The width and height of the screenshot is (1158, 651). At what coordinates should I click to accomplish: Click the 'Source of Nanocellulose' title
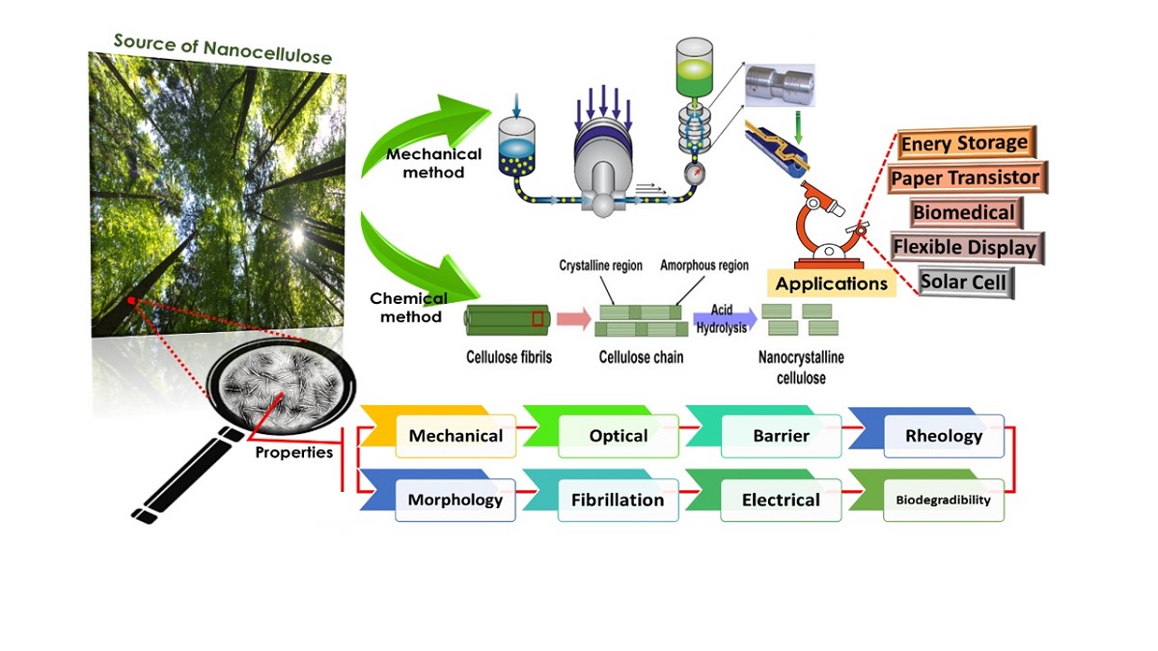click(x=222, y=48)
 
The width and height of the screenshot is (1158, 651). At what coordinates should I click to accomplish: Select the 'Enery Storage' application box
click(x=963, y=144)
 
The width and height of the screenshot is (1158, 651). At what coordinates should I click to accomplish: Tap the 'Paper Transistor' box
click(x=964, y=178)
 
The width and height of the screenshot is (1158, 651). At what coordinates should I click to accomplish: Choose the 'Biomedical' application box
click(x=963, y=212)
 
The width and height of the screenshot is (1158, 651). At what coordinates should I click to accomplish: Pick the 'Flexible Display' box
click(x=964, y=248)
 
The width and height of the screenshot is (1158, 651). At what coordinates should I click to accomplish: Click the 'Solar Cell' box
click(x=964, y=283)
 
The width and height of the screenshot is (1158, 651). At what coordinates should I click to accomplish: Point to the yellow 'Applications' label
click(x=831, y=284)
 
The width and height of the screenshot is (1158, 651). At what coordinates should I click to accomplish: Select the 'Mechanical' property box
click(x=455, y=436)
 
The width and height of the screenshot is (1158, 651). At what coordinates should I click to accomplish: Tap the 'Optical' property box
click(x=618, y=436)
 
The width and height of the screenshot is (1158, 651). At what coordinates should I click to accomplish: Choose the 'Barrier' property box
click(x=781, y=436)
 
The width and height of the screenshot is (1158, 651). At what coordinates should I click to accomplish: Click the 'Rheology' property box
click(x=943, y=436)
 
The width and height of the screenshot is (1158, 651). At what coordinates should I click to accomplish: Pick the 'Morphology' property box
click(x=455, y=500)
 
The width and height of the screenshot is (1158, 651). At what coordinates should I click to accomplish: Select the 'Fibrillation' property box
click(x=618, y=500)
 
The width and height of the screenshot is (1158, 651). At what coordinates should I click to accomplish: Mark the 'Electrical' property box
click(x=781, y=500)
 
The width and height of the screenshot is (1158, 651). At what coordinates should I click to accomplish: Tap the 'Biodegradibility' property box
click(x=943, y=500)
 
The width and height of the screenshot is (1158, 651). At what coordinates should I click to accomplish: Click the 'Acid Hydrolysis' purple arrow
click(x=723, y=317)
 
